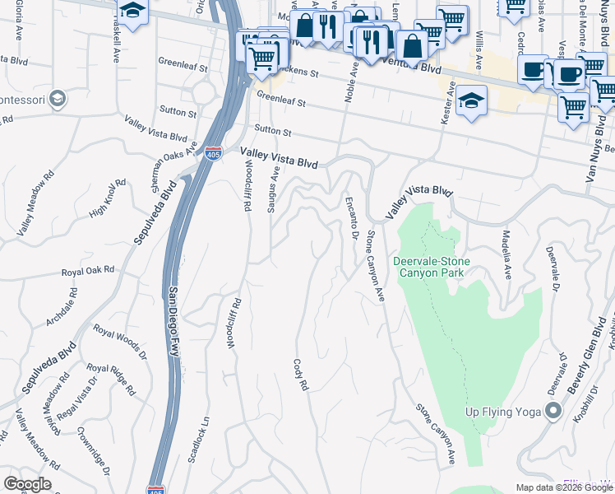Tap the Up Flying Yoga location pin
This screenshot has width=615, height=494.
554,410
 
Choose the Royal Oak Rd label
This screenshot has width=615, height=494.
86,270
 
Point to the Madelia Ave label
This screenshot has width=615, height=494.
507,254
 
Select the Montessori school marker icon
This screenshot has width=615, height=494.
56,100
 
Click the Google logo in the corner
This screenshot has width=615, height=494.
27,484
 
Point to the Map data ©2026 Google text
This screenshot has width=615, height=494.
563,487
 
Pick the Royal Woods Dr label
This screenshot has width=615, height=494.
119,343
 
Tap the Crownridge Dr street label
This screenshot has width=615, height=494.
95,450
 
